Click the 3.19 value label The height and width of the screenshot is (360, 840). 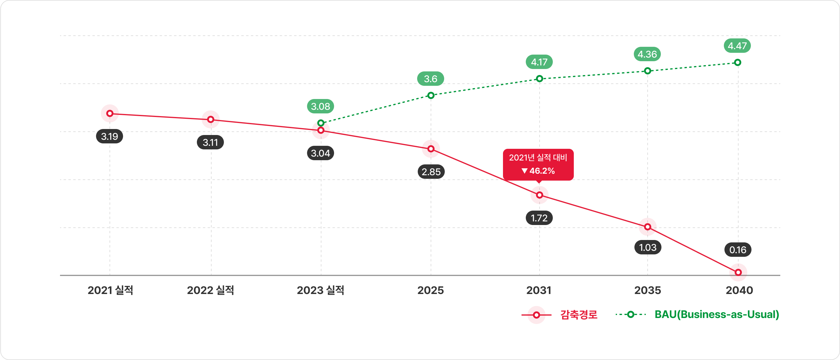(x=109, y=136)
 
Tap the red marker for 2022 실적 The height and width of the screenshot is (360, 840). (x=211, y=119)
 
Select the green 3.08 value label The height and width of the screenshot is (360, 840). (x=320, y=106)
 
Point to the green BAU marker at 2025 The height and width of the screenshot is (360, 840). (x=431, y=95)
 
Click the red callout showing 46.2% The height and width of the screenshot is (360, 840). (x=538, y=164)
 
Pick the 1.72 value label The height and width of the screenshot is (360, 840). (x=539, y=218)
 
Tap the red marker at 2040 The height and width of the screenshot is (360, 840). (x=738, y=272)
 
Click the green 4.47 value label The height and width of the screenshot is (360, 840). (x=737, y=46)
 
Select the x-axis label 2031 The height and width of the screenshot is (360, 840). (x=539, y=290)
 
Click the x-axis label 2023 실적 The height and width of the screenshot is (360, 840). (x=320, y=290)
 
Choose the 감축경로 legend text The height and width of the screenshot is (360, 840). (x=579, y=315)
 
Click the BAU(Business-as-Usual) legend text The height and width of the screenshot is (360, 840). (x=717, y=314)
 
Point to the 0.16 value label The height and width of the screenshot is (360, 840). (x=738, y=250)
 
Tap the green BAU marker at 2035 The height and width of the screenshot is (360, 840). (x=648, y=71)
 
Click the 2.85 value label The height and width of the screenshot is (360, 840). (x=431, y=172)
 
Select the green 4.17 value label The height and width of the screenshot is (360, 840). (x=539, y=62)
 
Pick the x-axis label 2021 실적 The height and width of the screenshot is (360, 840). (x=110, y=290)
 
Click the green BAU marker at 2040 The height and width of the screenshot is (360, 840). (x=738, y=62)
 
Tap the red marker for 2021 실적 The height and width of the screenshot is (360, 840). (x=110, y=113)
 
